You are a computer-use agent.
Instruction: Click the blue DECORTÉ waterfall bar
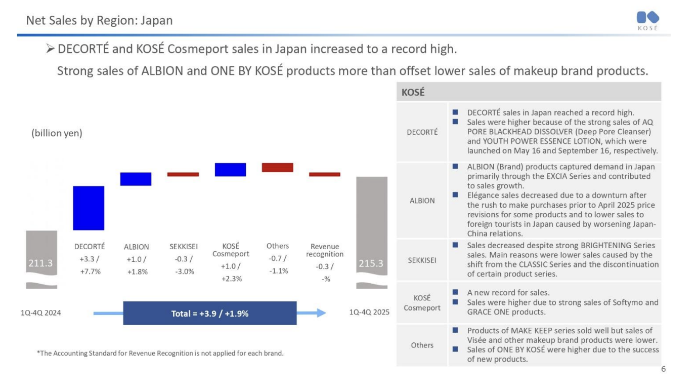tap(89, 208)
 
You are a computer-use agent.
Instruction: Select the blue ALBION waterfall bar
tap(136, 179)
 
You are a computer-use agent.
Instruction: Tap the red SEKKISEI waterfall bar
tap(183, 174)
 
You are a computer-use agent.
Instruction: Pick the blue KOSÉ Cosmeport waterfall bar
tap(230, 170)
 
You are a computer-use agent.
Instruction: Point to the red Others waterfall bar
tap(277, 167)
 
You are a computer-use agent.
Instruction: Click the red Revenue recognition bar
tap(325, 174)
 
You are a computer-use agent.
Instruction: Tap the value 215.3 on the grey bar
tap(371, 263)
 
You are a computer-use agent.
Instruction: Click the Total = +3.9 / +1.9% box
tap(210, 314)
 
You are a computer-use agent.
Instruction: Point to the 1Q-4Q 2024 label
tap(40, 313)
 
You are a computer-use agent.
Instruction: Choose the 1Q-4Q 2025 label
tap(370, 313)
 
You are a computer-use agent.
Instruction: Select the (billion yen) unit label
tap(57, 133)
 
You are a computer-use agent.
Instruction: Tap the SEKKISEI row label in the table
tap(422, 260)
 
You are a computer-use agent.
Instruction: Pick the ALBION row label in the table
tap(422, 201)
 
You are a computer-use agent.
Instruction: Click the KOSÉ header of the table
tap(413, 93)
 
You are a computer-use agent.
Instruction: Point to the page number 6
tap(664, 369)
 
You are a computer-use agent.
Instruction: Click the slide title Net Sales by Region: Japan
tap(100, 21)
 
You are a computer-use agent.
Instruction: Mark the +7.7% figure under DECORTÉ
tap(90, 271)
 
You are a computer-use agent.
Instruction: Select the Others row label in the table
tap(422, 345)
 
